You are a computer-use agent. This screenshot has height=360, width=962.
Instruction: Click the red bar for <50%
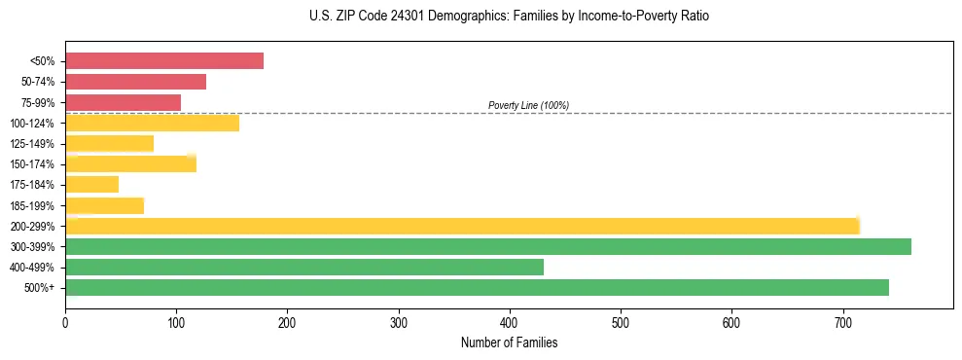point(163,61)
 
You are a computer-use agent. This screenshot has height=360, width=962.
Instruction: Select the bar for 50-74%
point(135,82)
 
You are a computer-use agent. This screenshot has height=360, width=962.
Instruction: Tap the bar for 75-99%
point(123,102)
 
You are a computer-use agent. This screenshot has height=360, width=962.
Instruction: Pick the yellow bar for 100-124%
point(152,123)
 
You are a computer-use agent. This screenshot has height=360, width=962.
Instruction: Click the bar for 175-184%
point(91,184)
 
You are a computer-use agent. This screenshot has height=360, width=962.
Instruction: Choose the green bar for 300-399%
point(487,246)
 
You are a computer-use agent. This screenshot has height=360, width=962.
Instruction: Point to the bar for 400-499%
point(303,267)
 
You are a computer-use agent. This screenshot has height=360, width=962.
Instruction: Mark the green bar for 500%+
point(477,287)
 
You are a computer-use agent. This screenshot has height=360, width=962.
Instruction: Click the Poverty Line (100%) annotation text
point(528,105)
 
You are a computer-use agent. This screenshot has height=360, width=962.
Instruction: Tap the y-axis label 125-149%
point(32,144)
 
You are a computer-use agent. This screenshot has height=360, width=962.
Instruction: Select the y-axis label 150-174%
point(32,164)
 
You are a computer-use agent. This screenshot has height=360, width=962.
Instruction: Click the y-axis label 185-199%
point(32,205)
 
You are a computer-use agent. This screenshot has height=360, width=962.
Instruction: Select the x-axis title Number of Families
point(509,342)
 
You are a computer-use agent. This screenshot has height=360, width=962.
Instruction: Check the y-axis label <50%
point(42,61)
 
